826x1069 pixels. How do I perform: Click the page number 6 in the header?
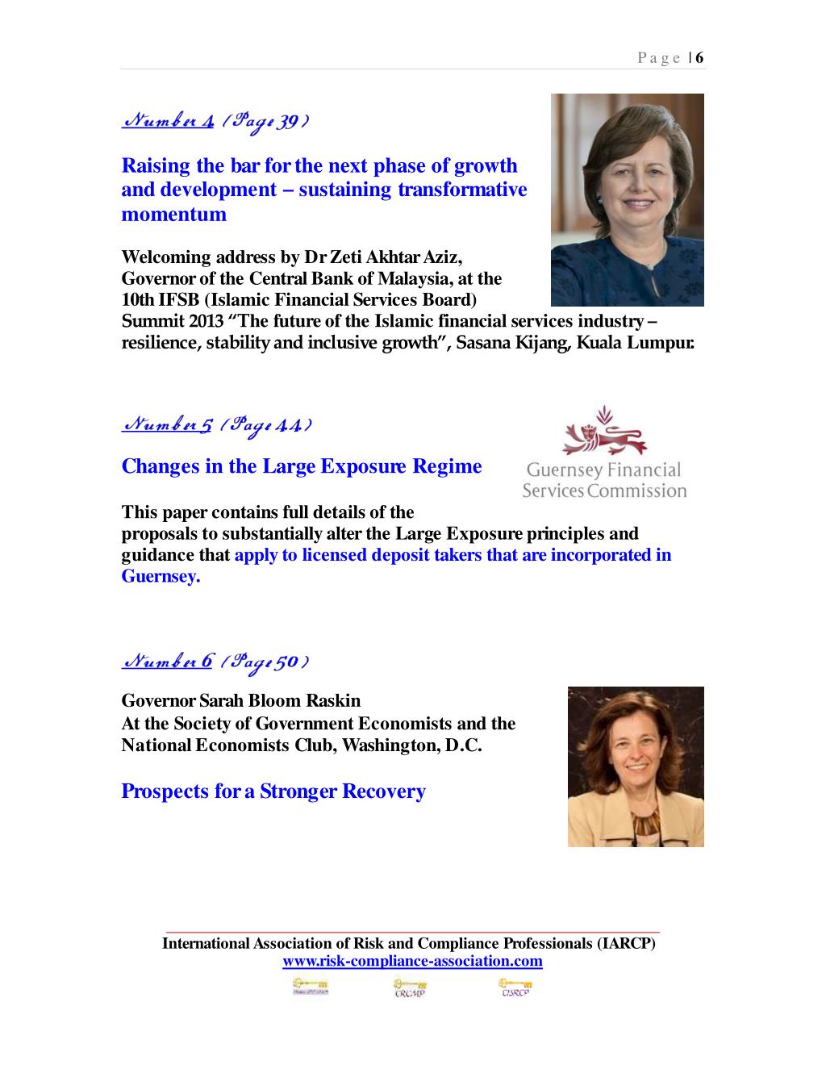(699, 57)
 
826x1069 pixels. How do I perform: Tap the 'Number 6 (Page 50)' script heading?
(215, 662)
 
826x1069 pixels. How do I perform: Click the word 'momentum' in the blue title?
(173, 214)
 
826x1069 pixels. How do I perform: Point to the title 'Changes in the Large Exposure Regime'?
(301, 466)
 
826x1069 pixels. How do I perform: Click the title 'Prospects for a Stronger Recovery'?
(273, 791)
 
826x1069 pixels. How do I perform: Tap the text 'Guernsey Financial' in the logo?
(604, 470)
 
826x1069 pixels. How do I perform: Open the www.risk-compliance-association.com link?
(412, 961)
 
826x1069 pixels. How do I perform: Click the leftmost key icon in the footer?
(310, 987)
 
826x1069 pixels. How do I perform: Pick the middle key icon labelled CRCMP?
(411, 988)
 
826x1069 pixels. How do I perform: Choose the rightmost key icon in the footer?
(515, 988)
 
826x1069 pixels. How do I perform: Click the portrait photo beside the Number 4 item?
(627, 200)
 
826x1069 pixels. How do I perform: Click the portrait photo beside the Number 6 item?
(636, 766)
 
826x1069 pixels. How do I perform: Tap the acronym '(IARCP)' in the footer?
(626, 943)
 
